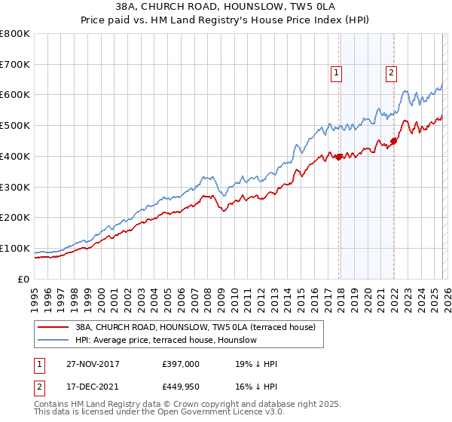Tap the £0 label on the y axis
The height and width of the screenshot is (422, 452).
24,279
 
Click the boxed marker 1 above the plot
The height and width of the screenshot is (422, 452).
335,73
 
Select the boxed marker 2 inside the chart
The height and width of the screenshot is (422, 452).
392,73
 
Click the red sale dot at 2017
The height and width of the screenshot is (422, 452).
338,157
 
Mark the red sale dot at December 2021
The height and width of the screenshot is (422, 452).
393,141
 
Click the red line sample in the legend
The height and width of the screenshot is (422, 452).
53,327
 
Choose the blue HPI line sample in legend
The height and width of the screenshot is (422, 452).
53,340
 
